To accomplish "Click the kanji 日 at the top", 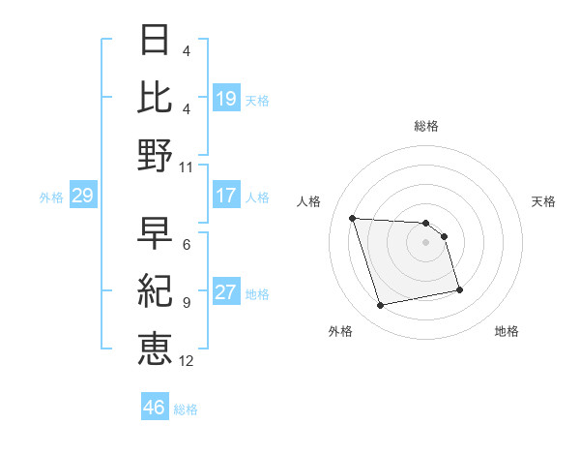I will click(156, 41).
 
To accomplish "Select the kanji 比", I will click(156, 98).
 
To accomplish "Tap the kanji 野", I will click(156, 155).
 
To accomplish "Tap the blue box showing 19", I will click(226, 99).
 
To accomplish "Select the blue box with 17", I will click(226, 196).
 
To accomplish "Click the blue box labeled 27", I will click(226, 293).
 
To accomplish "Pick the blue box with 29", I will click(82, 197).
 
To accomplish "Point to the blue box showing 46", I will click(155, 408).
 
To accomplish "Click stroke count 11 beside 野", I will click(187, 167).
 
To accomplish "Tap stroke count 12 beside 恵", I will click(187, 361).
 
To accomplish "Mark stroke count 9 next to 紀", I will click(187, 303).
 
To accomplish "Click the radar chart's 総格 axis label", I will click(426, 127).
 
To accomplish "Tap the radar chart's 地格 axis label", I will click(507, 332).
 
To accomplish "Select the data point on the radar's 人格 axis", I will click(353, 218).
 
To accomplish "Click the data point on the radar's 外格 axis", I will click(381, 306).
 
